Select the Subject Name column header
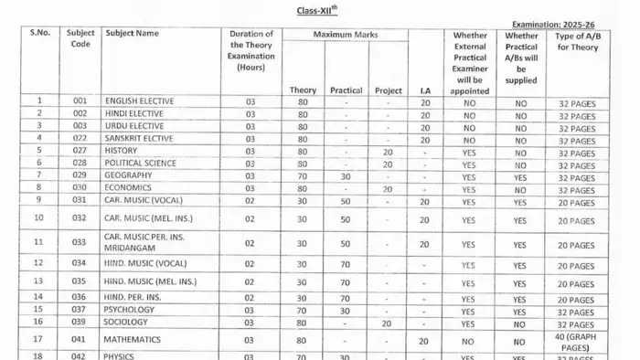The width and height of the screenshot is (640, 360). [x=132, y=33]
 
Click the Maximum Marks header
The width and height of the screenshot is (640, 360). [x=346, y=35]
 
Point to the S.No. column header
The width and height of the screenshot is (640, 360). [x=39, y=33]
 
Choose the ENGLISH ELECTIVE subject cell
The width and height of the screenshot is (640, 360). [x=140, y=101]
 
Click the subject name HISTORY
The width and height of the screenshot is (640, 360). [x=122, y=151]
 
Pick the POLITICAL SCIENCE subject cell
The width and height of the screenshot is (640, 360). [x=141, y=164]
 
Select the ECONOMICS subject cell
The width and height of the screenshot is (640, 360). [x=129, y=189]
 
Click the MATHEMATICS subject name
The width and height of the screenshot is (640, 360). [x=133, y=339]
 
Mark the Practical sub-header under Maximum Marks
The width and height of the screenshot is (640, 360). [x=346, y=90]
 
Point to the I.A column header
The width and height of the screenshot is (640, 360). [x=425, y=90]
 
